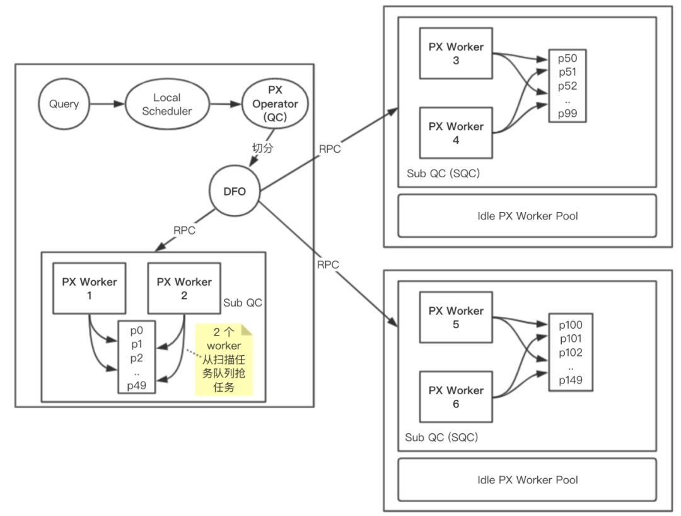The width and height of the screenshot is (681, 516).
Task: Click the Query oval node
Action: click(64, 104)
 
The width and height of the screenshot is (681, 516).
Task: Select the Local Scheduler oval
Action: click(166, 104)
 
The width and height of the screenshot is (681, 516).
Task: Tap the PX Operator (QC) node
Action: click(274, 103)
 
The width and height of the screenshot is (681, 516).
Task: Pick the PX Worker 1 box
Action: click(89, 288)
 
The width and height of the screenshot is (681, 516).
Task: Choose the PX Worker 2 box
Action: click(183, 288)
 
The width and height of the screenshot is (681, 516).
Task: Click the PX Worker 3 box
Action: click(456, 53)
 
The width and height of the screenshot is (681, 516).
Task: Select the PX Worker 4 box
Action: click(456, 133)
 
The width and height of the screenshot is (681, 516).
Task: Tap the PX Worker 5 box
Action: click(456, 317)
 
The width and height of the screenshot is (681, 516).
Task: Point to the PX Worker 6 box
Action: click(456, 397)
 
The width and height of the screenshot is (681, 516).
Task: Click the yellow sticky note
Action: click(224, 360)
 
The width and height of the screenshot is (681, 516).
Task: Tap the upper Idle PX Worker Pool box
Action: click(527, 216)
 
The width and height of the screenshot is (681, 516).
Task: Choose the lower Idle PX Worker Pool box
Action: click(527, 479)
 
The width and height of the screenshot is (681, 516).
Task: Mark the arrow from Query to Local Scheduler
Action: click(107, 104)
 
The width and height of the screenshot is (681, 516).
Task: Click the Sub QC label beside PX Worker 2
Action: click(242, 302)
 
